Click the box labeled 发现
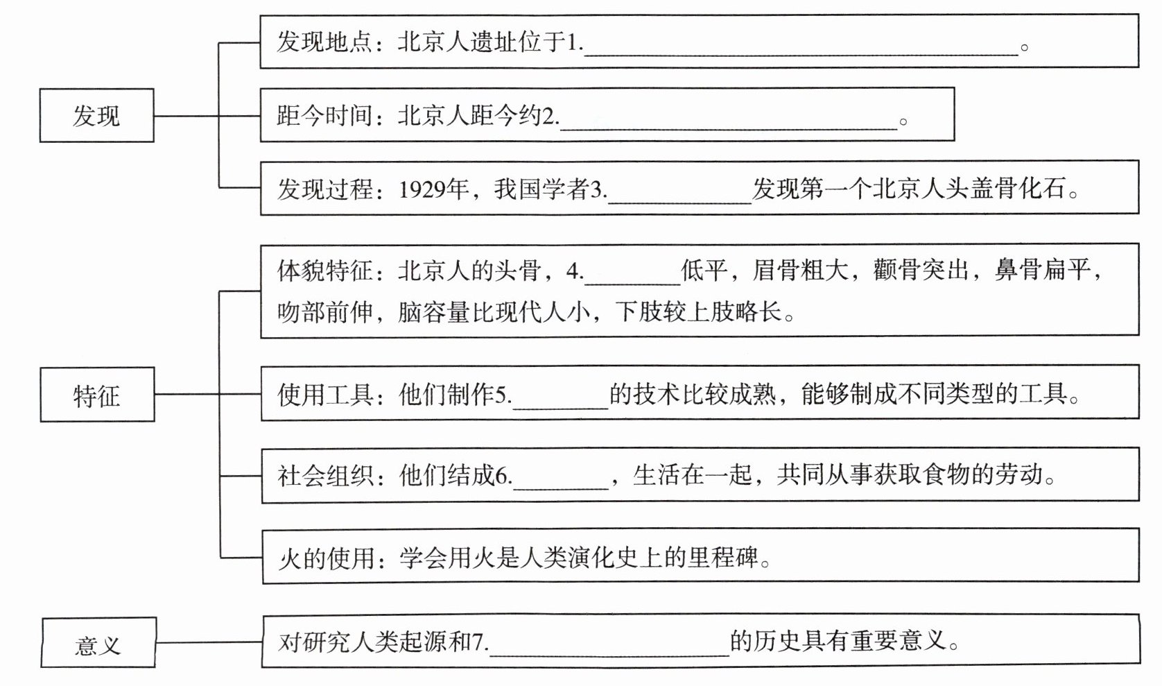(96, 116)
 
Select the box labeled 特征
(97, 395)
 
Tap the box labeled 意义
(98, 644)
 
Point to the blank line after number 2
(728, 121)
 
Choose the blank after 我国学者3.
(679, 195)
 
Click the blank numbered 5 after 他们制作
(560, 401)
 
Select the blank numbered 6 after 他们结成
(560, 482)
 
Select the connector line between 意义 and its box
(209, 642)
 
